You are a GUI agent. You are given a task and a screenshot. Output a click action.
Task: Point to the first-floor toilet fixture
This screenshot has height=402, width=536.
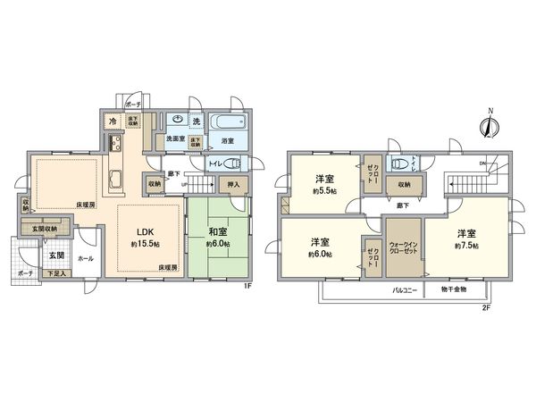(x=231, y=163)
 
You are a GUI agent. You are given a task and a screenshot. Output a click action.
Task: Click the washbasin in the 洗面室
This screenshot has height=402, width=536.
(x=178, y=120)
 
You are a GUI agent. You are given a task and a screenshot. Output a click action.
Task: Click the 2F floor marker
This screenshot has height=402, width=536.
(x=487, y=308)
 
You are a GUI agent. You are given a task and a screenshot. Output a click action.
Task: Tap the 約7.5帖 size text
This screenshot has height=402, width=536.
(x=465, y=245)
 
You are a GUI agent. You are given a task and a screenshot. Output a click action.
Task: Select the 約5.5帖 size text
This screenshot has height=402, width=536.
(x=324, y=190)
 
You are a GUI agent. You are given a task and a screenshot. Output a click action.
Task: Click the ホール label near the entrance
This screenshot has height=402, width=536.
(x=85, y=259)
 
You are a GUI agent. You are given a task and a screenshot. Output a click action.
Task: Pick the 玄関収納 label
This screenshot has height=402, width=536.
(x=46, y=229)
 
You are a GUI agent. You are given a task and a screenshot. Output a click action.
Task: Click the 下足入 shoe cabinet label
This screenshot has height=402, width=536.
(x=55, y=272)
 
